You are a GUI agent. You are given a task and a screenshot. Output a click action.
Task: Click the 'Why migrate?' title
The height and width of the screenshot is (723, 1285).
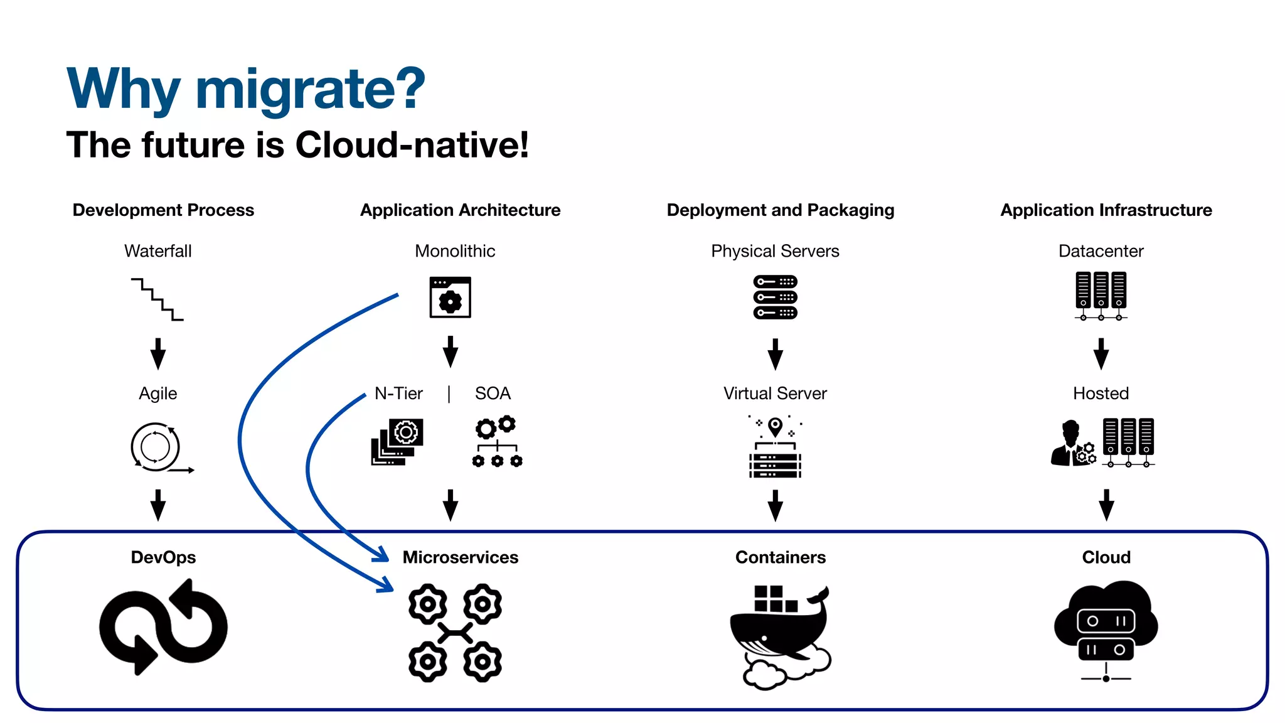[245, 89]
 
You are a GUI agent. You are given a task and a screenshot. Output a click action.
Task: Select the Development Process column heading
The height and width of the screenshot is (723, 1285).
[163, 210]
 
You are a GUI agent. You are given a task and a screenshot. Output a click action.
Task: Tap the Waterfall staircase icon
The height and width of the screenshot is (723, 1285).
[157, 299]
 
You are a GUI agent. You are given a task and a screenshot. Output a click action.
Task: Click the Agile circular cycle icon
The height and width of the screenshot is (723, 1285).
[157, 447]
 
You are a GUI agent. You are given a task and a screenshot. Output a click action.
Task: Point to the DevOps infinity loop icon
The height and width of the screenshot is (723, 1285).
[163, 627]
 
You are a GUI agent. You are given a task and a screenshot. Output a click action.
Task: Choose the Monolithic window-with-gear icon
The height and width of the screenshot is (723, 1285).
[450, 297]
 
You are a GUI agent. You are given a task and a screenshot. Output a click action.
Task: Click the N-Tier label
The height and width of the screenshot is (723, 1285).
[398, 394]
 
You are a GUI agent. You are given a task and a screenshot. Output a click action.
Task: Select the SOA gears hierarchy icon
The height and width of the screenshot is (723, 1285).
[497, 442]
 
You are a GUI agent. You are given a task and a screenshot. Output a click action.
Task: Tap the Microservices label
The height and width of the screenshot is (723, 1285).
[460, 557]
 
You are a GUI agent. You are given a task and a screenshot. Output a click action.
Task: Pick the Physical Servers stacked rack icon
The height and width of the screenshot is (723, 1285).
[775, 297]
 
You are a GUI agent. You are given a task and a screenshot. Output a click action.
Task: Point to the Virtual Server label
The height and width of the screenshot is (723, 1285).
[775, 394]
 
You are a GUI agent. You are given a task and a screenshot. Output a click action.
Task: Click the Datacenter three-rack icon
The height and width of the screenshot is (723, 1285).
[1101, 296]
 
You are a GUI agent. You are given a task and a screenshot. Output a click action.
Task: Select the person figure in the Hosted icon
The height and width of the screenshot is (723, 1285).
[1069, 444]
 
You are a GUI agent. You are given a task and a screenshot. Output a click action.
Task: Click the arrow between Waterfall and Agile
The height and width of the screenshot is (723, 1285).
[158, 354]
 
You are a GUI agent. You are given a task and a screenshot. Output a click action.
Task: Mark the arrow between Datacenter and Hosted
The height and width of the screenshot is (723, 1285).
[1101, 354]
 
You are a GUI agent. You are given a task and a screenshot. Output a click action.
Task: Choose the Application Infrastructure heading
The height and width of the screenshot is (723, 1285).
[1106, 210]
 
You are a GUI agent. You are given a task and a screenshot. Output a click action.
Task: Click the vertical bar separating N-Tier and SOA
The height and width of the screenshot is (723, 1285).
[449, 394]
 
